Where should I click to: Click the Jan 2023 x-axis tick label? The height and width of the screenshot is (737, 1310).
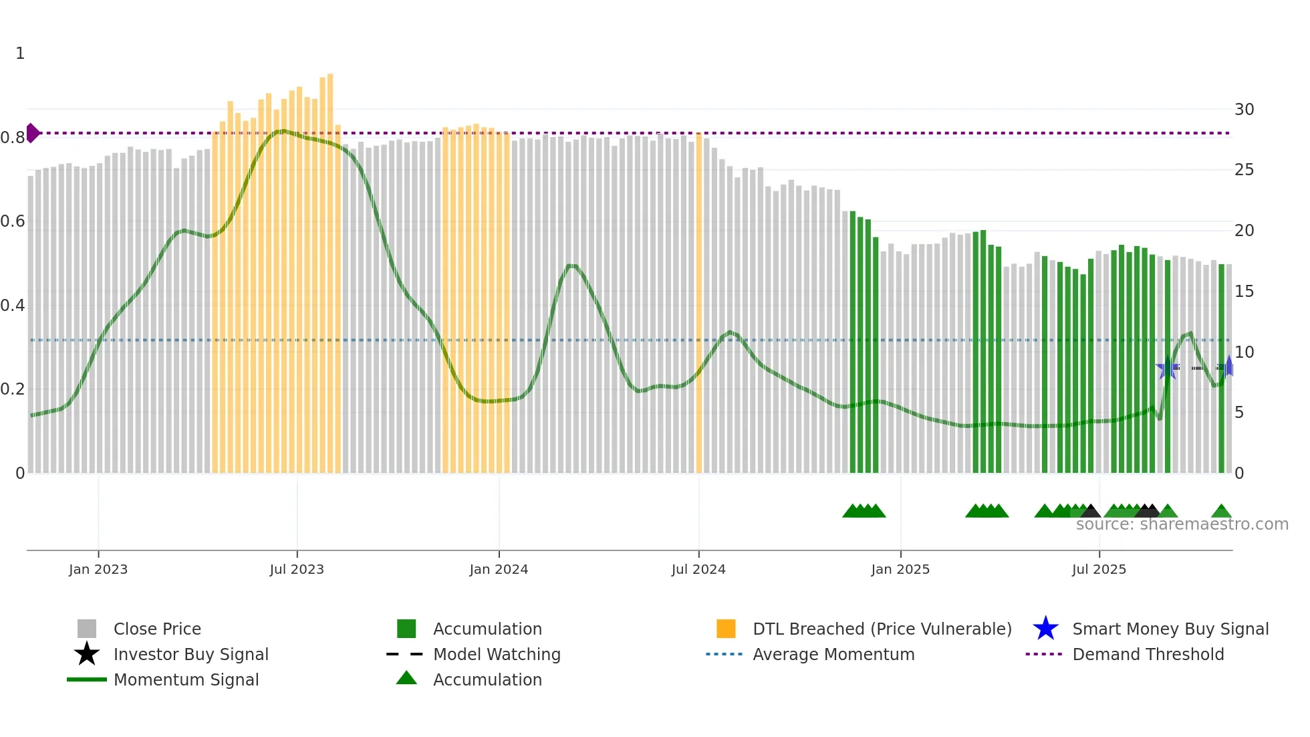tap(98, 569)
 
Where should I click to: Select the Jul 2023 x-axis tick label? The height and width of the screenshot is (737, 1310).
tap(297, 569)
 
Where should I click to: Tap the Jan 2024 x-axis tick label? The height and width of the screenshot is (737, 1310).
tap(499, 569)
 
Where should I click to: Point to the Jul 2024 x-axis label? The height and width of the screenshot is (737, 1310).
tap(698, 569)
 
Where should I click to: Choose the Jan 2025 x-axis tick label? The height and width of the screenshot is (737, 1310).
tap(900, 569)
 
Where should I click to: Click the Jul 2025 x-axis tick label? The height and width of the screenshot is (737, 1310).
tap(1099, 569)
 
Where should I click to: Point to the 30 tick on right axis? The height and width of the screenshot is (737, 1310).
tap(1244, 110)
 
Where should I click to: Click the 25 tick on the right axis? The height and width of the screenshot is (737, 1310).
tap(1244, 170)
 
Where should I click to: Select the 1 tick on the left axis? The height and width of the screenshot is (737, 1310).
tap(20, 54)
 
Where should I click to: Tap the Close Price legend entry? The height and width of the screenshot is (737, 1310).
tap(157, 629)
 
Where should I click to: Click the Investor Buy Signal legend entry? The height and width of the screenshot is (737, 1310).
tap(190, 654)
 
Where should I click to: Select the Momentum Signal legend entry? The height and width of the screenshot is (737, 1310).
tap(186, 679)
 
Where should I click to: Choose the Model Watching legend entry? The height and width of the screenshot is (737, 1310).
tap(497, 654)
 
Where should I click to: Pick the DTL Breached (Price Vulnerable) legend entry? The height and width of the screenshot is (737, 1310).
tap(882, 629)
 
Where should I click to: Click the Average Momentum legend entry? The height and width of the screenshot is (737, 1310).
tap(833, 654)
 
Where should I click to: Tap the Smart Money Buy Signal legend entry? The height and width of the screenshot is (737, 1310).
tap(1170, 629)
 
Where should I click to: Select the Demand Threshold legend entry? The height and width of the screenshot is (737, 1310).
tap(1148, 654)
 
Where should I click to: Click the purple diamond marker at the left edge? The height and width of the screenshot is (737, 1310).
tap(32, 133)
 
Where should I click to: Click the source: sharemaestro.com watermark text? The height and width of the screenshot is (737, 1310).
tap(1182, 524)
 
